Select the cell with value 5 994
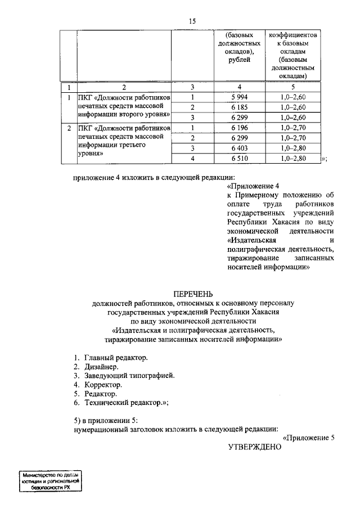[x=239, y=97]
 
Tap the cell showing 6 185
[x=239, y=107]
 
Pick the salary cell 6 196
[x=239, y=128]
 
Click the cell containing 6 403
[x=239, y=148]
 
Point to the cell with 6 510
[x=239, y=159]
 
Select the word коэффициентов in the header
[x=292, y=34]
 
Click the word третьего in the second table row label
[x=128, y=145]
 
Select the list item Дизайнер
[x=101, y=367]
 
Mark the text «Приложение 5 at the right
[x=309, y=437]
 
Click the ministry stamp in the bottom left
[x=49, y=481]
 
